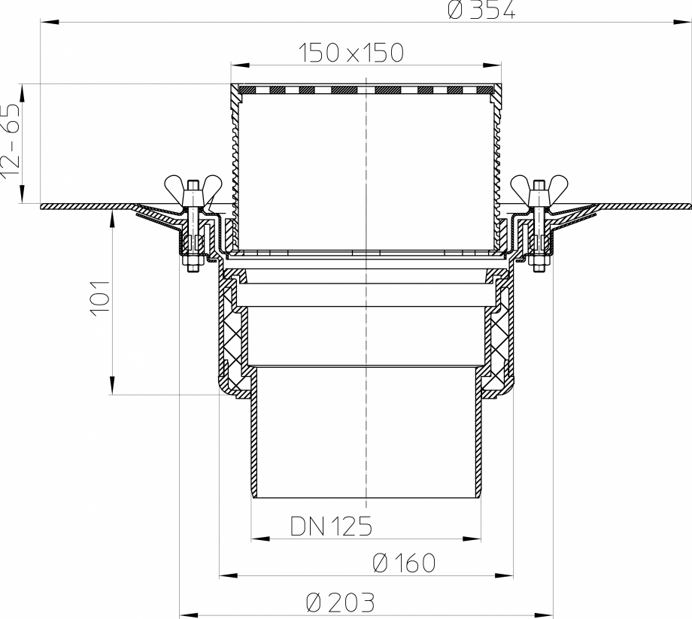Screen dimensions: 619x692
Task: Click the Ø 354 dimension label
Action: coord(481,11)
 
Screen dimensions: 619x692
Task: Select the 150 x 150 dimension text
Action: coord(351,53)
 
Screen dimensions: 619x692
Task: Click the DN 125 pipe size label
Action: coord(331,526)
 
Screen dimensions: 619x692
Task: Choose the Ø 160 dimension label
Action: coord(404,563)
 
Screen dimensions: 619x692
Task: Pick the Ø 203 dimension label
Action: coord(341,602)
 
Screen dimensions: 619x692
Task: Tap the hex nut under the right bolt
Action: coord(539,264)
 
